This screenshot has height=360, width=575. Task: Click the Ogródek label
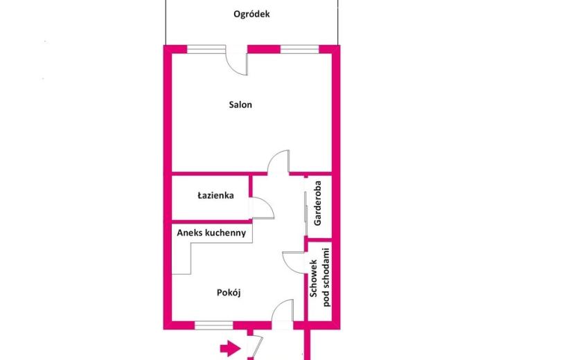(x=251, y=15)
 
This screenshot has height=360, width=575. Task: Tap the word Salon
(x=240, y=105)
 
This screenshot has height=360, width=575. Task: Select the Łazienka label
(x=215, y=195)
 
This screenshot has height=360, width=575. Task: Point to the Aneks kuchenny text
(x=211, y=233)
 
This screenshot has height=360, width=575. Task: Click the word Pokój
(x=229, y=293)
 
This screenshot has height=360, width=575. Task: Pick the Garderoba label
(x=317, y=203)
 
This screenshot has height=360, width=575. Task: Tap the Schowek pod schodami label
(x=320, y=278)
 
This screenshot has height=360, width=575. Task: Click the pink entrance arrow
(x=230, y=348)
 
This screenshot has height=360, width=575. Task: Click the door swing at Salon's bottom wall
(x=278, y=162)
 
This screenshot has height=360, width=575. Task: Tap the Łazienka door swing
(x=262, y=208)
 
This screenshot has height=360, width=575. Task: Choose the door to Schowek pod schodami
(x=293, y=262)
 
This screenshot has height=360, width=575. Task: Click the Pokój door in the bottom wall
(x=283, y=311)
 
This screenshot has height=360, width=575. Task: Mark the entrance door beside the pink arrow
(x=256, y=347)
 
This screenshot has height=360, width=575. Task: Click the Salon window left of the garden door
(x=206, y=49)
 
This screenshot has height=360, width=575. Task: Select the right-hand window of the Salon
(x=299, y=49)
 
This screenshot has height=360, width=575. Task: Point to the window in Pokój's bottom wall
(x=214, y=325)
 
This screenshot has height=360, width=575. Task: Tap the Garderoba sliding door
(x=306, y=206)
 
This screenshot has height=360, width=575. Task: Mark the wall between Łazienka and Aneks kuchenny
(x=211, y=222)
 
